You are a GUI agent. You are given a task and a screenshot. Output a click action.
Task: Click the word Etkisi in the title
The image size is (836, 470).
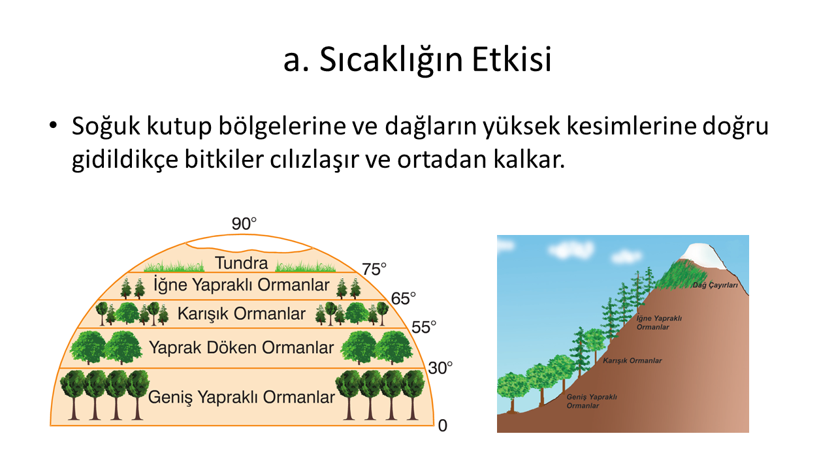coord(511,59)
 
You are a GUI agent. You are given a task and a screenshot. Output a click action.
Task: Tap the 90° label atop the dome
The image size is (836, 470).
coord(244,224)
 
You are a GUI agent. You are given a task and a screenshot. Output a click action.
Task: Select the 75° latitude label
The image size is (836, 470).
coord(374,270)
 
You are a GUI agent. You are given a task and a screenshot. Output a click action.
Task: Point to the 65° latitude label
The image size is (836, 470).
coord(403,298)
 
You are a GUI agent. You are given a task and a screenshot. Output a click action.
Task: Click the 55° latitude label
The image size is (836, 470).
coord(424,327)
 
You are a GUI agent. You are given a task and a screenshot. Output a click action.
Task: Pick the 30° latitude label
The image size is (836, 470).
coord(440,368)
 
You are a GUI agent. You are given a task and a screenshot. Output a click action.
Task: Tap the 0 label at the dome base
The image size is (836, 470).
coord(443,426)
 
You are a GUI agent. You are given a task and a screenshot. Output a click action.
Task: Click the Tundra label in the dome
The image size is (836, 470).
coord(242,263)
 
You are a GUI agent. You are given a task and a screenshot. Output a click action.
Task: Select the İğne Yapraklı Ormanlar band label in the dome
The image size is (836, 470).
coord(242,285)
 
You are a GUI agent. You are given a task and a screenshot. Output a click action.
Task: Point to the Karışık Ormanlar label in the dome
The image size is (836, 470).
coord(242,314)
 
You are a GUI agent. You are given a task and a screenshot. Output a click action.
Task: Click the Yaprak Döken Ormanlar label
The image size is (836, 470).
coord(242,348)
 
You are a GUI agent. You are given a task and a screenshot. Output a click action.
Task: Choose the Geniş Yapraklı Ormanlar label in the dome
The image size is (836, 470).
coord(242,398)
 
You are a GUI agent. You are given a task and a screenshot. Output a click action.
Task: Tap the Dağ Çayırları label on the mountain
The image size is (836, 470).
coord(715,285)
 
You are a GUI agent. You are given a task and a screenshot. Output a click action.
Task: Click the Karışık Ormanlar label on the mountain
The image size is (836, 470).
coord(632,361)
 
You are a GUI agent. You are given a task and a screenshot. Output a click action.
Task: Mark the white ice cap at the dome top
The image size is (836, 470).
coord(249,244)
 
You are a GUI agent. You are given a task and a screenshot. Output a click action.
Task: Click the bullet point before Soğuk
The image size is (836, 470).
coord(53,126)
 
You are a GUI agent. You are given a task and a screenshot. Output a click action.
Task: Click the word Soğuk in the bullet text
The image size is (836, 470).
coord(106,127)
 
